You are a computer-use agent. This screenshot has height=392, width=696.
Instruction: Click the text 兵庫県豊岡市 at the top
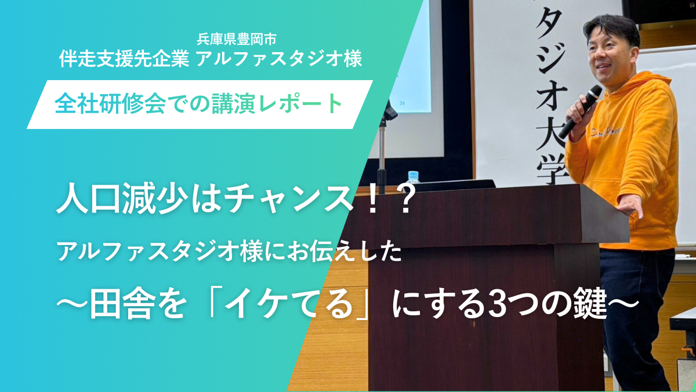point(237,39)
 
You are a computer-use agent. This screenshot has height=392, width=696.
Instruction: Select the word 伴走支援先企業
point(124,59)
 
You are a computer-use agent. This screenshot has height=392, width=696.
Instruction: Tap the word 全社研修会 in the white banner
point(110,104)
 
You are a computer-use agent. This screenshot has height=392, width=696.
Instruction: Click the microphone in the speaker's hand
point(580,112)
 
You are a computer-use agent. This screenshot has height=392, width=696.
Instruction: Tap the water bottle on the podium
point(413,177)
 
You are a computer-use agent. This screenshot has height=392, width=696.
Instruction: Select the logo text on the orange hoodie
point(609,132)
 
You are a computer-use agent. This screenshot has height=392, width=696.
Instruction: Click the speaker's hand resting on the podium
point(630,206)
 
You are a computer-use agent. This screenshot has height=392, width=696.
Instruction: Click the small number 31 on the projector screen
point(402,103)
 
